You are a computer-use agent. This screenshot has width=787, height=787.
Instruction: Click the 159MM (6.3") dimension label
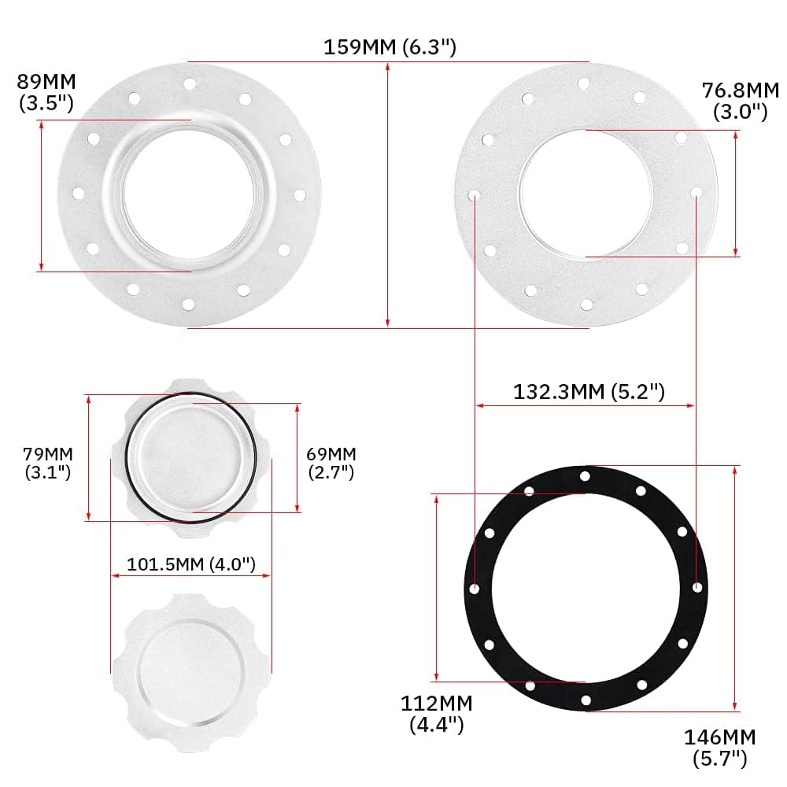(390, 47)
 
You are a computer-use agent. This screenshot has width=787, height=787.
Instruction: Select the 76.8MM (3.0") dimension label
(740, 100)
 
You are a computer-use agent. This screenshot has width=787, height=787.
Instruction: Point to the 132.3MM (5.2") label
(589, 391)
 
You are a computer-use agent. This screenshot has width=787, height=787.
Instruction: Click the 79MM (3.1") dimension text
(47, 463)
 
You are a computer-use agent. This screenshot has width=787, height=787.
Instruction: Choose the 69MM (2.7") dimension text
(331, 463)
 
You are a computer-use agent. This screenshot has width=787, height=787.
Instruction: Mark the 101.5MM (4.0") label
(191, 564)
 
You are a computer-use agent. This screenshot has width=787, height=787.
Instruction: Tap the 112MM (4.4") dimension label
(436, 713)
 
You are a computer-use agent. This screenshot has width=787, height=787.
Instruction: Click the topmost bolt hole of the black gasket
(585, 476)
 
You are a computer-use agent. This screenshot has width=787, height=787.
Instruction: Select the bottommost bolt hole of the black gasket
(585, 700)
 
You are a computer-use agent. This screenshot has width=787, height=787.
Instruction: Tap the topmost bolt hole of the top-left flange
(189, 83)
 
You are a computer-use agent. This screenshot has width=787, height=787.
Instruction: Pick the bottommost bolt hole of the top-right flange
(586, 305)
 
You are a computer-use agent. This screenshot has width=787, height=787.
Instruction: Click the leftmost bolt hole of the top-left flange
(78, 193)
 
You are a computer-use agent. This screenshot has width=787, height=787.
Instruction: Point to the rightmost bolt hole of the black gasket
(697, 588)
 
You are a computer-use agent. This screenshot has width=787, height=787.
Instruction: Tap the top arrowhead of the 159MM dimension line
(388, 67)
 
